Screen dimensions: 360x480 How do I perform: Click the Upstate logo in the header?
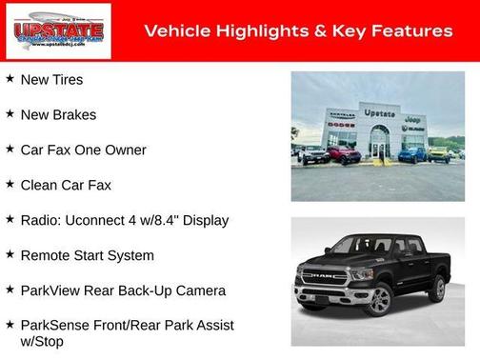pos(57,30)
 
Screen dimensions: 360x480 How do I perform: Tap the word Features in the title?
pos(411,31)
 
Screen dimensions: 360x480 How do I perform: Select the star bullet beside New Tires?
pos(10,79)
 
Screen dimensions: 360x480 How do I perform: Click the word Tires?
pos(67,80)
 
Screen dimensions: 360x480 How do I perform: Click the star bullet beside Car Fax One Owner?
pos(10,150)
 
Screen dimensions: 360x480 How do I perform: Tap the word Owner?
pos(125,150)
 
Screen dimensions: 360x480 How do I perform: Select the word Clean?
pos(39,185)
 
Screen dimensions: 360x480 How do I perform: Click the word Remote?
pos(47,255)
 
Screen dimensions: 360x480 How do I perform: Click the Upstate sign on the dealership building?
pos(379,112)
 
